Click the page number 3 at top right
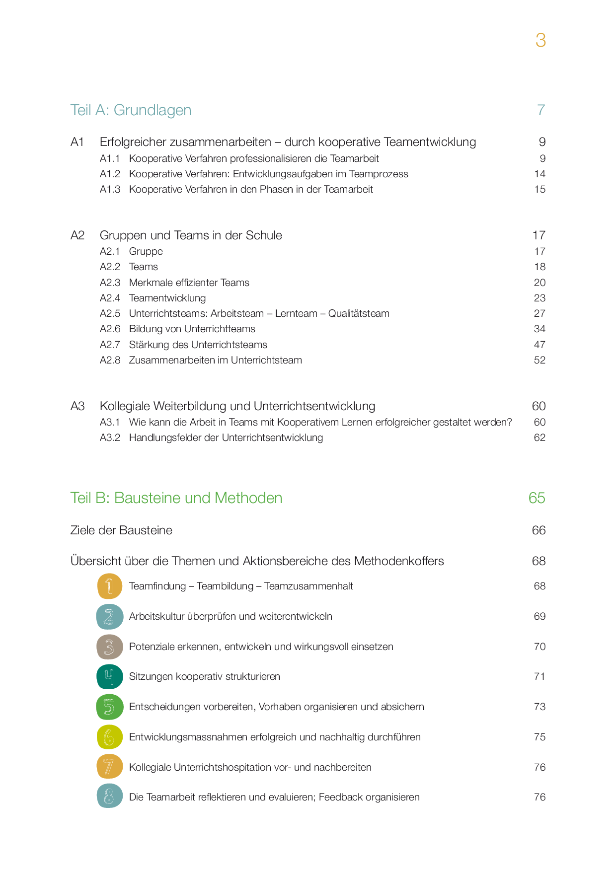[x=540, y=40]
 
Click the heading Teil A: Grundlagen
[x=131, y=110]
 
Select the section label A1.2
[x=110, y=174]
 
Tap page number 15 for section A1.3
[x=539, y=190]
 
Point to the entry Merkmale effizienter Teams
[x=189, y=283]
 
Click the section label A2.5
[x=110, y=314]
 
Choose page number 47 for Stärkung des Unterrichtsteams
[x=539, y=345]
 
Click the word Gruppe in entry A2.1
[x=146, y=252]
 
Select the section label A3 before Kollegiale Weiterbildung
[x=77, y=406]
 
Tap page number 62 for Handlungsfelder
[x=539, y=438]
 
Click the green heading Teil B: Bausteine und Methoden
[x=176, y=498]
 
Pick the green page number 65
[x=537, y=498]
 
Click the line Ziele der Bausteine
[x=121, y=530]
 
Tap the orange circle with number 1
[x=110, y=586]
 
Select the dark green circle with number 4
[x=110, y=677]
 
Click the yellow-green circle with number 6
[x=110, y=737]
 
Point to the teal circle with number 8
[x=110, y=796]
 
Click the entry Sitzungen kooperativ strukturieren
[x=204, y=677]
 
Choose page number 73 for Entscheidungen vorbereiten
[x=539, y=707]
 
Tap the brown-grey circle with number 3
[x=110, y=647]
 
